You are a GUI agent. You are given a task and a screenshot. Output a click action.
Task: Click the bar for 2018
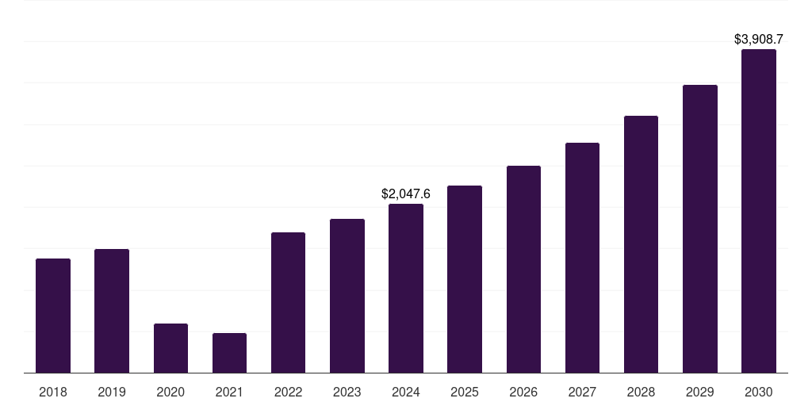[53, 316]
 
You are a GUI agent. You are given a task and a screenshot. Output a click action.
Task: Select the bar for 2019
[112, 311]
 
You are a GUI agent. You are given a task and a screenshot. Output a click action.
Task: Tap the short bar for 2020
[170, 348]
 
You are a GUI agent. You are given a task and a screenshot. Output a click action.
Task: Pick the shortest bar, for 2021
[229, 353]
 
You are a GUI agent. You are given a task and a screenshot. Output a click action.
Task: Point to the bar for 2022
[288, 302]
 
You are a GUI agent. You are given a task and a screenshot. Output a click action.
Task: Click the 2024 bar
[406, 289]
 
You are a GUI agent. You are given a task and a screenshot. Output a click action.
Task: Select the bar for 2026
[523, 270]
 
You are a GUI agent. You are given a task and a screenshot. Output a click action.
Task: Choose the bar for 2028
[641, 244]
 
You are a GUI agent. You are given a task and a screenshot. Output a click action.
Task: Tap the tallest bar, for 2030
[759, 211]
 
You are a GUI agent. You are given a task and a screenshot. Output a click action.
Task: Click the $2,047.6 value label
[406, 193]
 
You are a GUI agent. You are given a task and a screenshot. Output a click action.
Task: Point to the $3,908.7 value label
[759, 40]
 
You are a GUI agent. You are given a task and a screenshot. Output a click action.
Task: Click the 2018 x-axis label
[53, 392]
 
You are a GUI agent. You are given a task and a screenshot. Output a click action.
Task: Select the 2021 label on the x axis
[229, 392]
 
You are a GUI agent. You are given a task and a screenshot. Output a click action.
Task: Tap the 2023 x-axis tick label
[347, 392]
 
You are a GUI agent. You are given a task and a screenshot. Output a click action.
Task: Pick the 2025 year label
[465, 392]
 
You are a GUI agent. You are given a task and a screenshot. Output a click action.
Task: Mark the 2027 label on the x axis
[582, 392]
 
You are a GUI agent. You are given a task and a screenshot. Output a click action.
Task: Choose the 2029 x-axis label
[700, 392]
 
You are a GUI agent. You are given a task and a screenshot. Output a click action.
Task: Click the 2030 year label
[759, 392]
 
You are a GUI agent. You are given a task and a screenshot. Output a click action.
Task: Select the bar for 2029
[700, 229]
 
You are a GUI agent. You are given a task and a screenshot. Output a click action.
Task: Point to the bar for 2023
[347, 296]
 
